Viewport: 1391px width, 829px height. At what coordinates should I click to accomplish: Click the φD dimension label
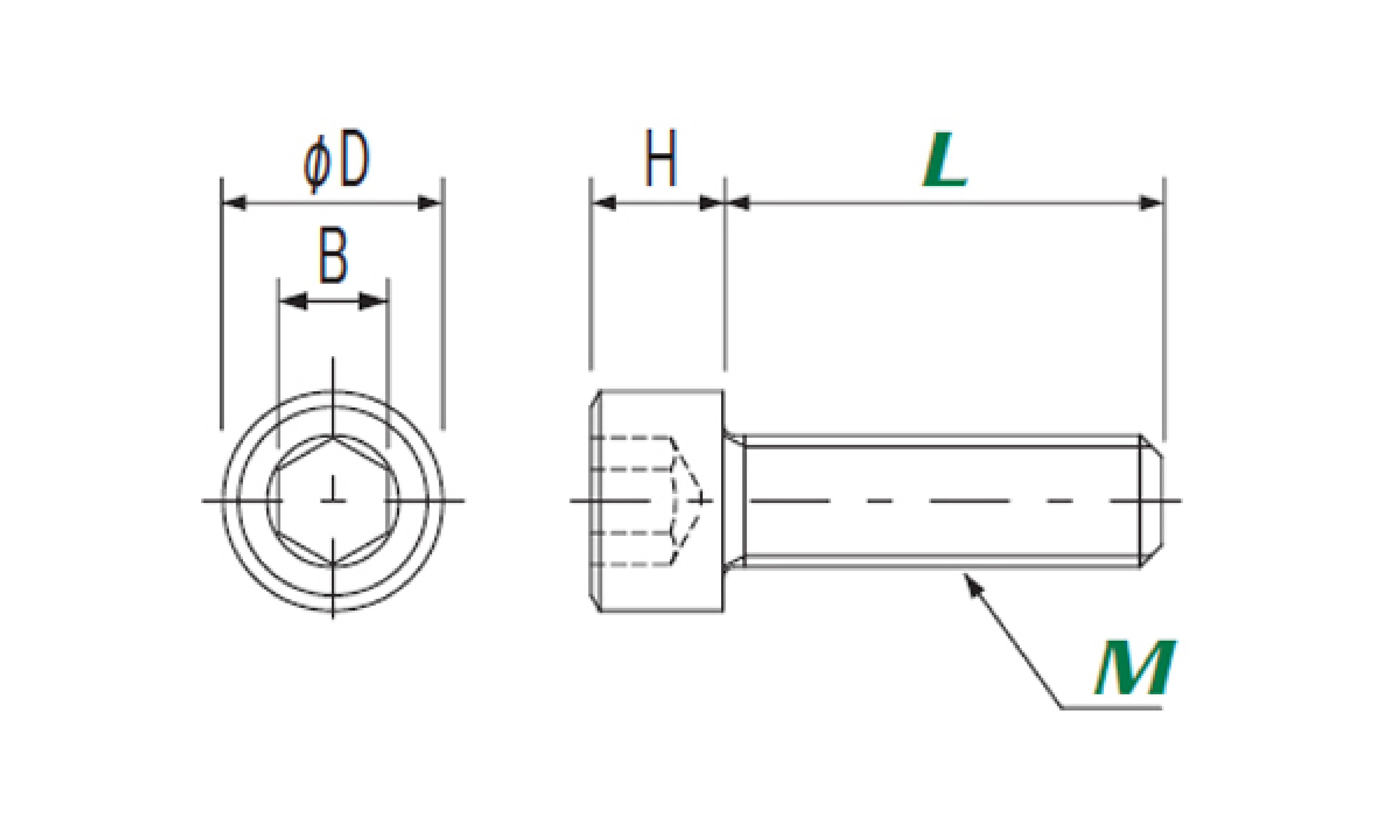(x=336, y=160)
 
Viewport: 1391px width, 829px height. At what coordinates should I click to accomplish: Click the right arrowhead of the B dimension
(x=372, y=301)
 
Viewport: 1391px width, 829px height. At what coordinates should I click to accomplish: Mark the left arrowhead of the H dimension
(x=604, y=203)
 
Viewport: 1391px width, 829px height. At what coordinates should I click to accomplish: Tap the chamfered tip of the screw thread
(x=1152, y=500)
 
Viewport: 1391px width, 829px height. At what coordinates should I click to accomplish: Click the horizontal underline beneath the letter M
(x=1112, y=708)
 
